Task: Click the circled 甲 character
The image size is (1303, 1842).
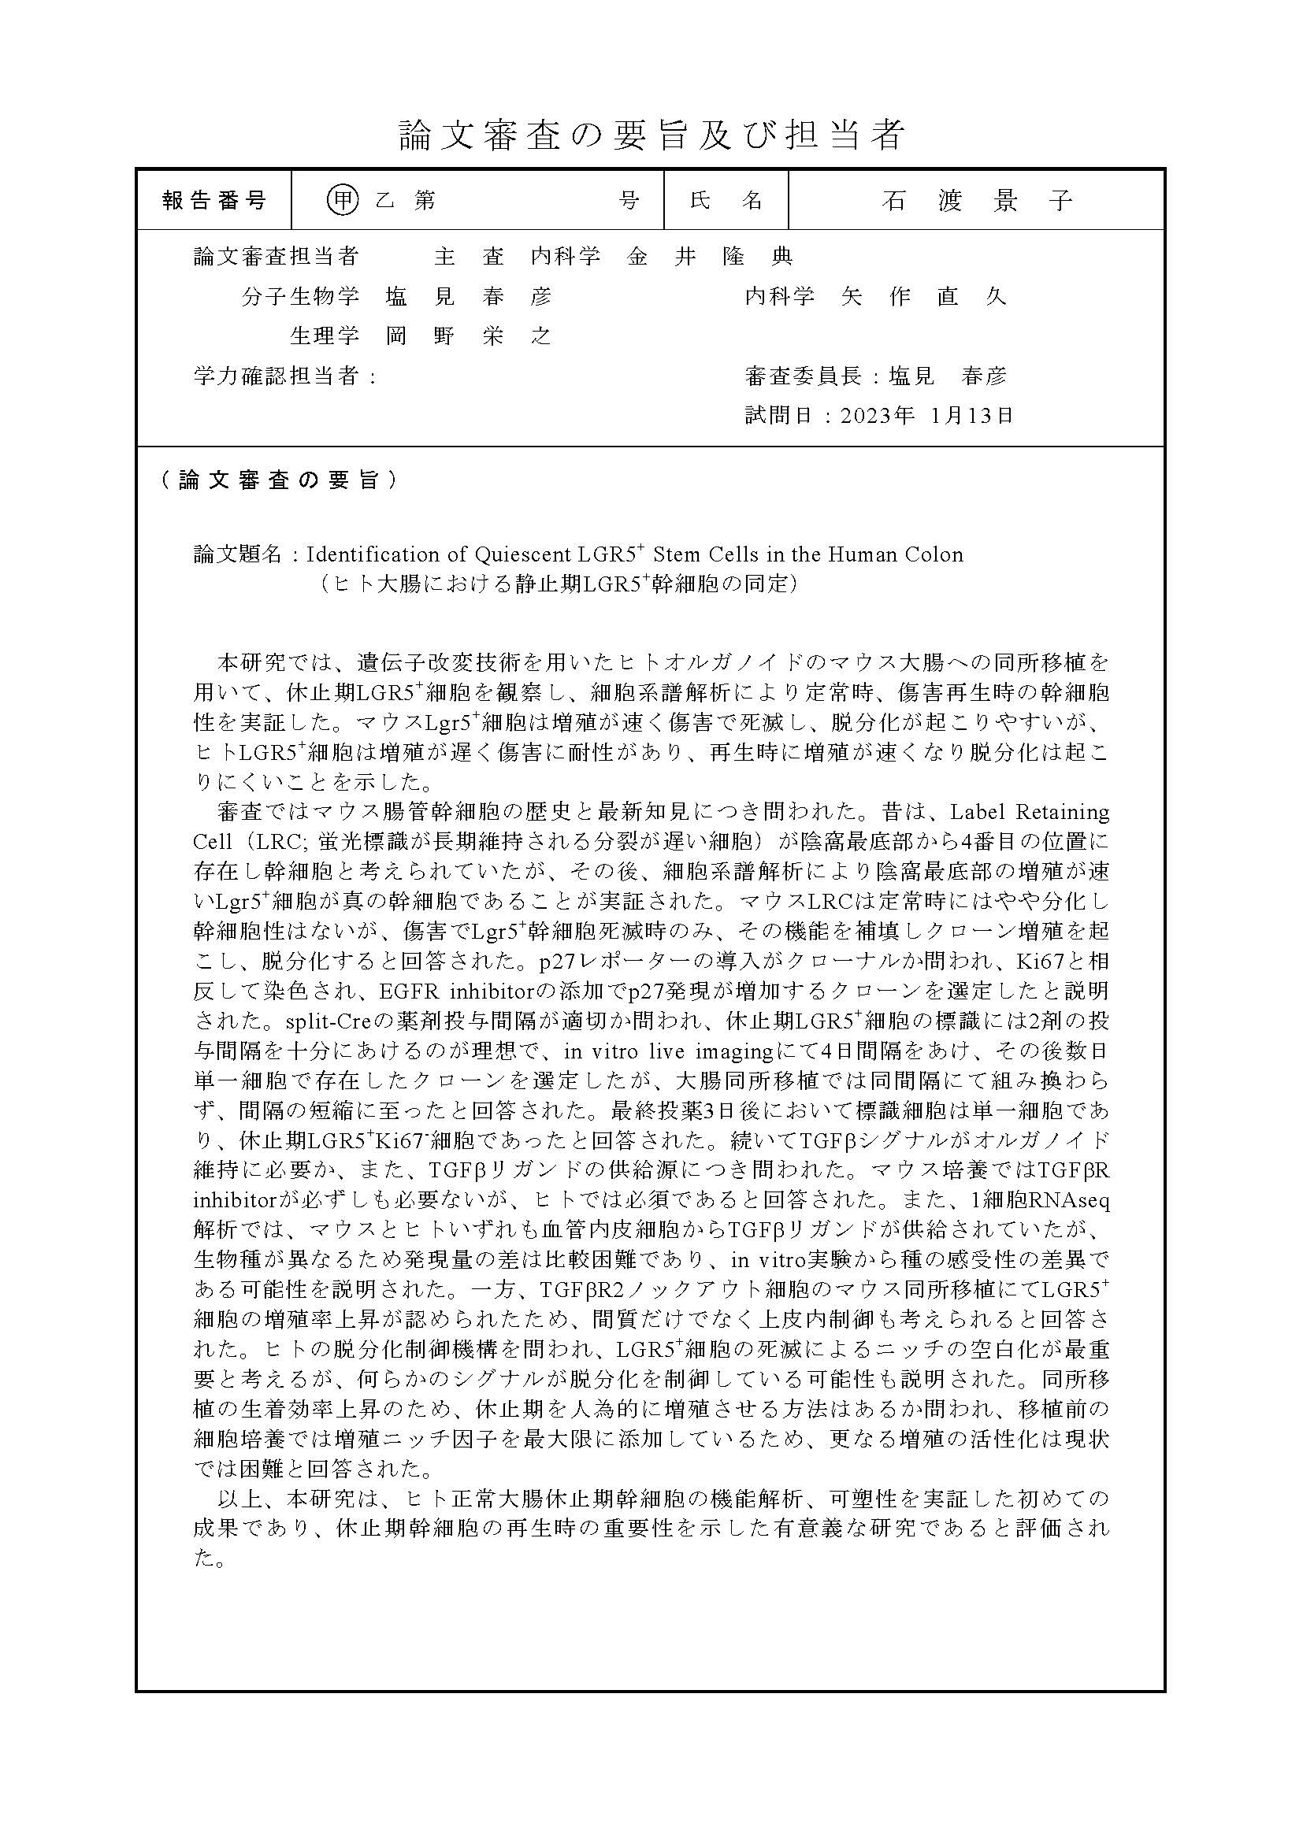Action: point(343,200)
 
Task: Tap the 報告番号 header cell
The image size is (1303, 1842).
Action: point(214,200)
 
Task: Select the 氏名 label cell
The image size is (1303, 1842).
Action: point(726,200)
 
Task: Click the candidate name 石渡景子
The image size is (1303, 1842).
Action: point(976,200)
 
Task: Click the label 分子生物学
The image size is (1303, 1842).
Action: point(300,296)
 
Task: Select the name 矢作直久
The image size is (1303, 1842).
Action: point(922,296)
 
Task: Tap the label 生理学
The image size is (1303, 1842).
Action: point(324,335)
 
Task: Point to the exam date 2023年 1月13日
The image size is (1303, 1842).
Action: point(926,415)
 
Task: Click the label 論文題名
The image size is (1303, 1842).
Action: point(238,554)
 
